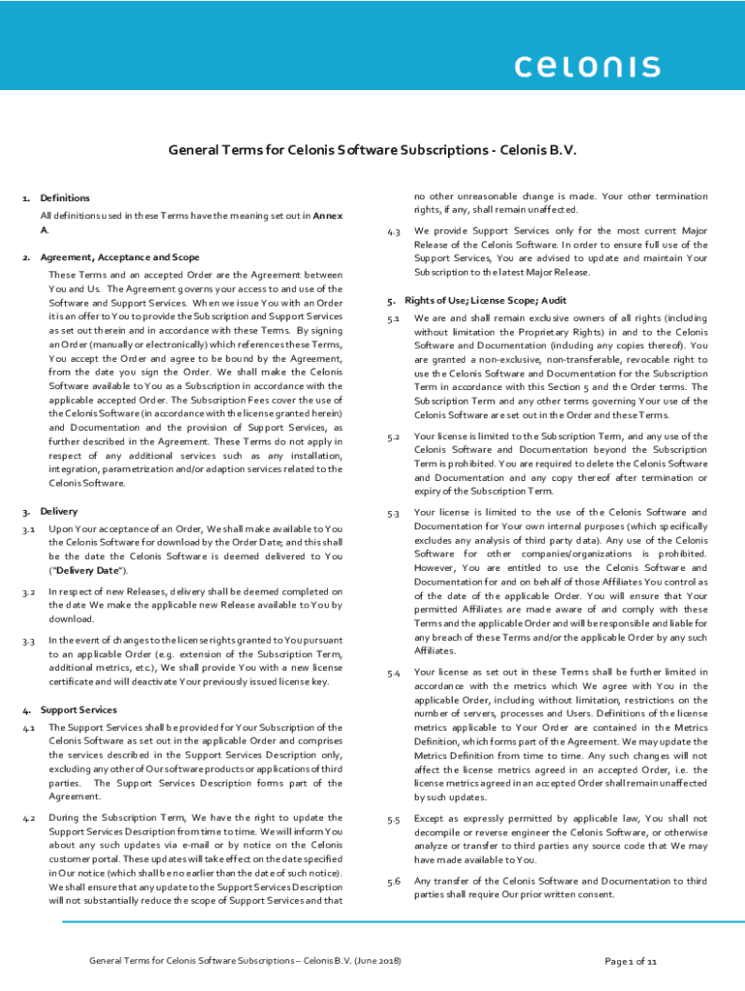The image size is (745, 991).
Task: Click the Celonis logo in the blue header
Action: (x=586, y=67)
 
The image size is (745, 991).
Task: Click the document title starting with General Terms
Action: (x=372, y=150)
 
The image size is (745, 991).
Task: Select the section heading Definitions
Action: (x=65, y=197)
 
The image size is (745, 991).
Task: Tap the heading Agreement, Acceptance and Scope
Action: (x=120, y=257)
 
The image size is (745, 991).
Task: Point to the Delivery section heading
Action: (x=59, y=510)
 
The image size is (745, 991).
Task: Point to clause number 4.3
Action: (x=394, y=232)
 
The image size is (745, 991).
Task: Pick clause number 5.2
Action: (x=394, y=437)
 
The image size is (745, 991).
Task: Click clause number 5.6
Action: (x=394, y=882)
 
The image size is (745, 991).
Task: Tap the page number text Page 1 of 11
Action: (x=631, y=961)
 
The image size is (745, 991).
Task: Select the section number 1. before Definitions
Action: (x=25, y=198)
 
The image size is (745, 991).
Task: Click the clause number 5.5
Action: (x=394, y=820)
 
